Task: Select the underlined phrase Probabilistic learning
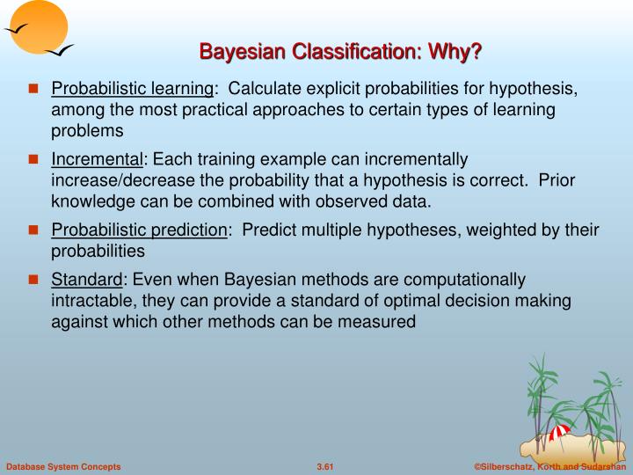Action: tap(133, 90)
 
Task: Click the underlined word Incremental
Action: tap(97, 160)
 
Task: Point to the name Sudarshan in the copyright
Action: tap(604, 465)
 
